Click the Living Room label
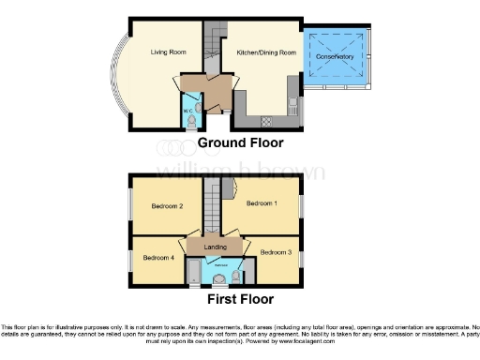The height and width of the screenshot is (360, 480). pyautogui.click(x=166, y=52)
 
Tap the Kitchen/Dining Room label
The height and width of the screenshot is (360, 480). pyautogui.click(x=266, y=52)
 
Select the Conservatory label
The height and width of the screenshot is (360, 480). pyautogui.click(x=335, y=58)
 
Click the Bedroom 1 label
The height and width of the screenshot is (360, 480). pyautogui.click(x=262, y=202)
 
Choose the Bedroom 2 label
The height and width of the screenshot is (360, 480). pyautogui.click(x=167, y=206)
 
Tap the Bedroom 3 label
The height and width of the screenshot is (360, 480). pyautogui.click(x=276, y=252)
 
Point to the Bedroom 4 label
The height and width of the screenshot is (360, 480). pyautogui.click(x=157, y=257)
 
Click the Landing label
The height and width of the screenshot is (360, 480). pyautogui.click(x=216, y=247)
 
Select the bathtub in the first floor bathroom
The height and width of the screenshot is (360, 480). pyautogui.click(x=192, y=274)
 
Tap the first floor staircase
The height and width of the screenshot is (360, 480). pyautogui.click(x=213, y=201)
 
